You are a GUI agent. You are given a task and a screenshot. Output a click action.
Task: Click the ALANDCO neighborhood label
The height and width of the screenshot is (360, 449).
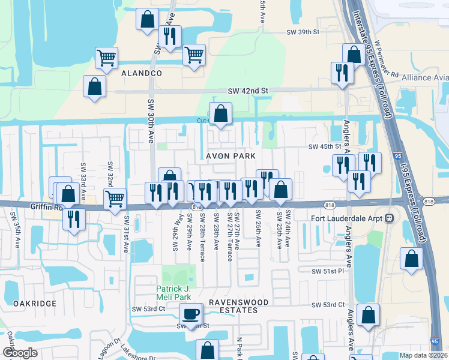point(142,73)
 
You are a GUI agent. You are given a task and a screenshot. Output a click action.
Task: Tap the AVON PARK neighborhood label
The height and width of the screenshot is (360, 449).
point(231,156)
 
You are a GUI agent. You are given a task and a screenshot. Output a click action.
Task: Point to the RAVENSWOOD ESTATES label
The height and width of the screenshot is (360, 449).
point(233,306)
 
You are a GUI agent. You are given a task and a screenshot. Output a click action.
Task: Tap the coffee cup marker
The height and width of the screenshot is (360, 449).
point(191,314)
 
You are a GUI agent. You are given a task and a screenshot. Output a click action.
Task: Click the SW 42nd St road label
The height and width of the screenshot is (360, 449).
point(247,91)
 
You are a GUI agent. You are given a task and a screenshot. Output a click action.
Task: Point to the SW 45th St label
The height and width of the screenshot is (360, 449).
point(325,147)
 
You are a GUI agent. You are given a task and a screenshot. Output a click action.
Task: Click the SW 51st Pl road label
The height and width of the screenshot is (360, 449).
point(327,271)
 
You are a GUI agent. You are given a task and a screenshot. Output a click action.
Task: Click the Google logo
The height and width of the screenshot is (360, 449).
point(20,353)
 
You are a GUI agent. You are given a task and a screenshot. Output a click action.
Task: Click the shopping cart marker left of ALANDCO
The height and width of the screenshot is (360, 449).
point(106,59)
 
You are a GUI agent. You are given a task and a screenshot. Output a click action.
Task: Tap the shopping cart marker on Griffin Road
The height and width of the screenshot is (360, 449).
point(115,198)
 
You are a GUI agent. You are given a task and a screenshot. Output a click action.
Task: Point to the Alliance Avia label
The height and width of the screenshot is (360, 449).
point(425,77)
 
